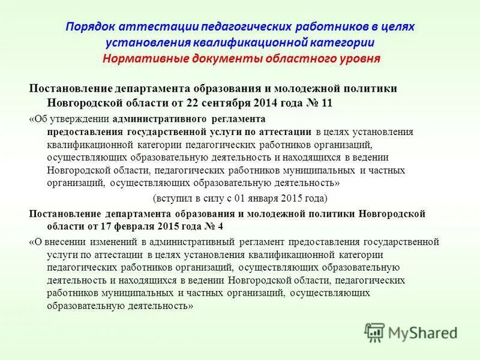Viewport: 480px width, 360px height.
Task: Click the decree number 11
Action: point(327,102)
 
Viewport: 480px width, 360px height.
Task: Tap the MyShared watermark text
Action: point(422,332)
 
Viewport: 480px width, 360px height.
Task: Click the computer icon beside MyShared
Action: point(374,332)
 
